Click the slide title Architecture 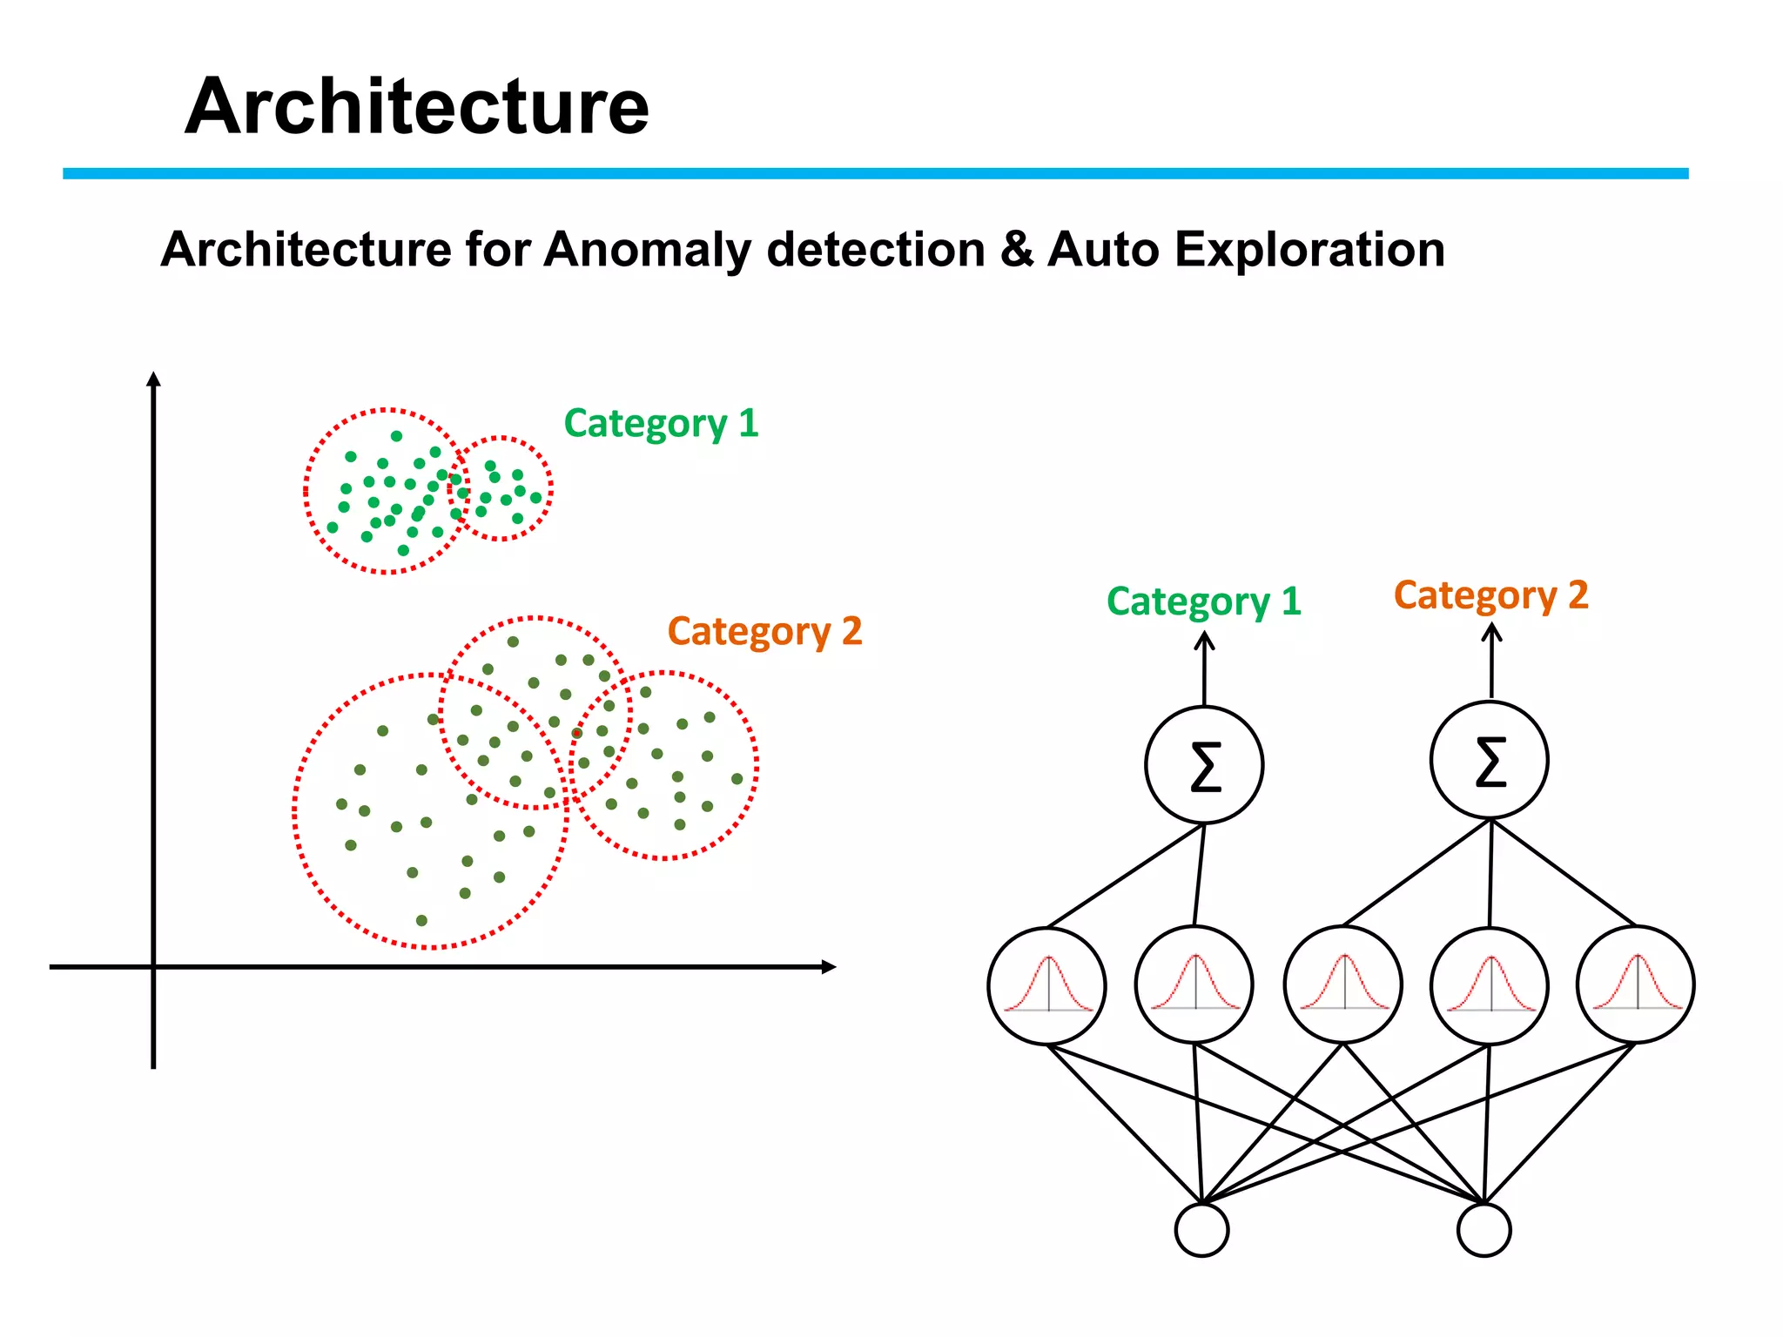[416, 106]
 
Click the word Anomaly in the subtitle [647, 250]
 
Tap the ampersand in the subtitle [1015, 250]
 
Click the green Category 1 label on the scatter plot [661, 424]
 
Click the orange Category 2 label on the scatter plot [764, 631]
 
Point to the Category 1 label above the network [1203, 601]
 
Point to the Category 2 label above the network [1490, 595]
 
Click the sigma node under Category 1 [1204, 765]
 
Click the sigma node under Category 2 [1490, 760]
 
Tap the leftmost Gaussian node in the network [1047, 985]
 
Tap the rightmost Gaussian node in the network [1636, 984]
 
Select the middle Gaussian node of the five [1343, 984]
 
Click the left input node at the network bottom [1201, 1230]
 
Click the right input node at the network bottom [1484, 1230]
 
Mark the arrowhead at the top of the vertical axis [153, 379]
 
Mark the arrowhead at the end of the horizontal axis [829, 966]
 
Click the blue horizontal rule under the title [875, 174]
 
